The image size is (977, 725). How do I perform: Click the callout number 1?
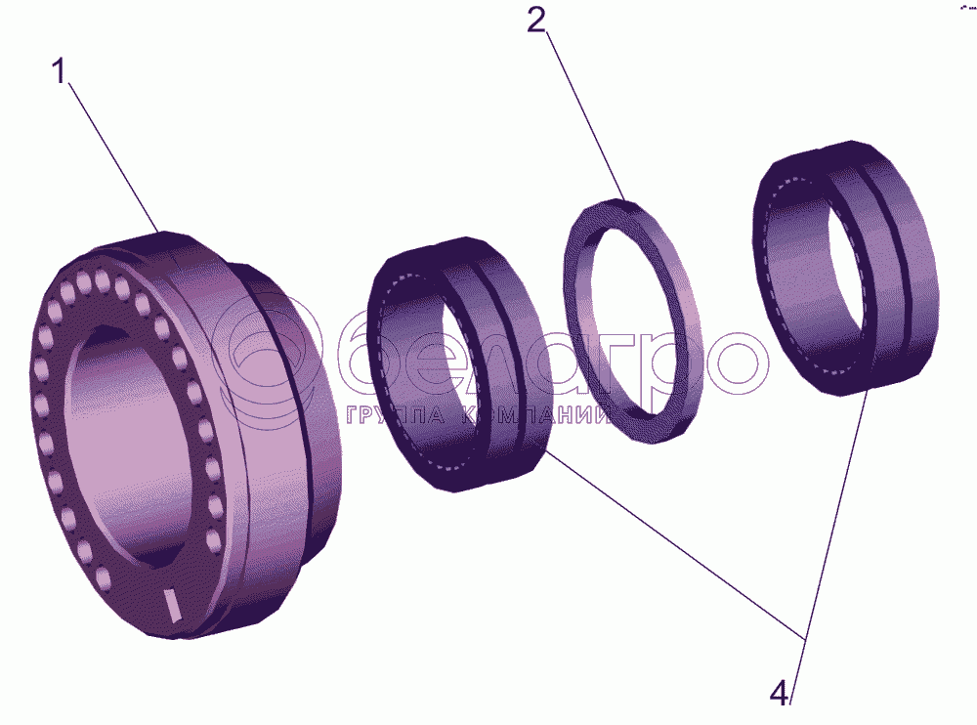point(60,71)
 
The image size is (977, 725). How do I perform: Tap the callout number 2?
point(535,21)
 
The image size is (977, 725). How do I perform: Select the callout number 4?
point(780,694)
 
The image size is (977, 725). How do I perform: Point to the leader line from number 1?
point(113,157)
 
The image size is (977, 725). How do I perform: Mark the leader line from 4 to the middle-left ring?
point(676,545)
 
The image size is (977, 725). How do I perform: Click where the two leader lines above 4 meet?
point(804,637)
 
